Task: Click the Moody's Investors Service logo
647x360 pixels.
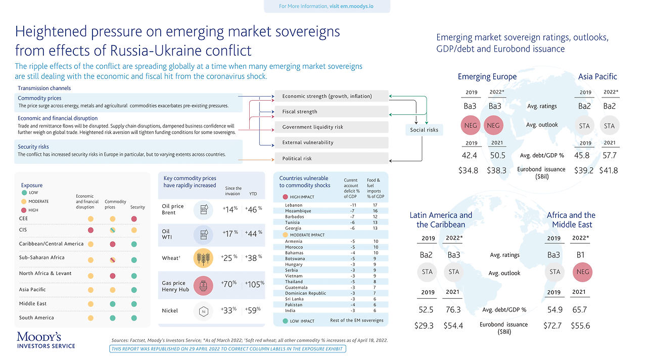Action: pyautogui.click(x=46, y=340)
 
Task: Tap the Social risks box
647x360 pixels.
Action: pyautogui.click(x=424, y=130)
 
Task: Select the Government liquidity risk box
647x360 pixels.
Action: pyautogui.click(x=331, y=127)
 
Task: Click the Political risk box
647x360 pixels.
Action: pyautogui.click(x=331, y=158)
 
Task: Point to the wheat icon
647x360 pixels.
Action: pyautogui.click(x=203, y=258)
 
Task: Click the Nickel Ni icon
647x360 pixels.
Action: pyautogui.click(x=203, y=310)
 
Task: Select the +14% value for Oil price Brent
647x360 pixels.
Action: pyautogui.click(x=230, y=209)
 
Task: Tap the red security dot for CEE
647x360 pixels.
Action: pyautogui.click(x=134, y=219)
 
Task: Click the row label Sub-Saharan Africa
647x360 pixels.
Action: pyautogui.click(x=42, y=257)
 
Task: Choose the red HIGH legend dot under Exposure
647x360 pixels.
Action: pyautogui.click(x=24, y=210)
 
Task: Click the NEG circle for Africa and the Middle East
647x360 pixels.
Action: pyautogui.click(x=581, y=272)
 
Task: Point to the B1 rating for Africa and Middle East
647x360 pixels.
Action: pyautogui.click(x=581, y=255)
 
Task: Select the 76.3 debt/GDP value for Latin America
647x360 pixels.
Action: pyautogui.click(x=454, y=310)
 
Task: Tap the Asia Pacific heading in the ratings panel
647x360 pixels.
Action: pyautogui.click(x=597, y=76)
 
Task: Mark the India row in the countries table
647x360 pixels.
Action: pyautogui.click(x=291, y=310)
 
